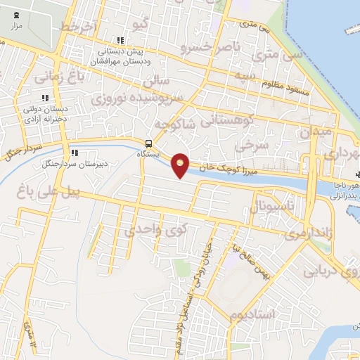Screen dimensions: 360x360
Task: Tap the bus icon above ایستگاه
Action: (x=148, y=142)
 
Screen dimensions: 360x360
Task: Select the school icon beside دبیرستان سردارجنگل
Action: (x=73, y=153)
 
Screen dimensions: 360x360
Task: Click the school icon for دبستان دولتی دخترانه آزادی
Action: (x=45, y=98)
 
